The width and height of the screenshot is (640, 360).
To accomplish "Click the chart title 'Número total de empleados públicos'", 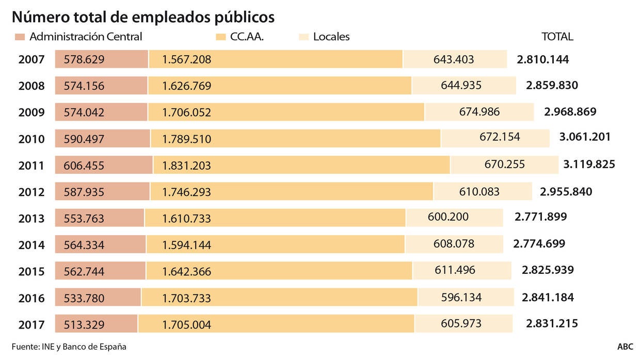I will [x=143, y=17].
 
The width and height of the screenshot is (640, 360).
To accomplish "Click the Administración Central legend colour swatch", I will [x=20, y=37].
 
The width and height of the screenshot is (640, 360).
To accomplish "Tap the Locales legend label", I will [x=331, y=37].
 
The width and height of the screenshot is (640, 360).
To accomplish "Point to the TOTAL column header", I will [x=557, y=37].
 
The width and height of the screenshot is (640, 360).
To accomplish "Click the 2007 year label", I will [x=31, y=60].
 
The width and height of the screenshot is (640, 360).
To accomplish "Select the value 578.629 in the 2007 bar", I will [x=84, y=60].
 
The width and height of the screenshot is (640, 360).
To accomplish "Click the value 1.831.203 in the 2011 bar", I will [x=186, y=166].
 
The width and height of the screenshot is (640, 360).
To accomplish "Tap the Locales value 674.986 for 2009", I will [x=479, y=111].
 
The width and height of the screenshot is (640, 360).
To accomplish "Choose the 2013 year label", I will [x=31, y=219].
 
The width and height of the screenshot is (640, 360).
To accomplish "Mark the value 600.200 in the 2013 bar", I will [x=448, y=217].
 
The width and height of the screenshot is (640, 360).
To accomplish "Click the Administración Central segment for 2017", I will [x=96, y=324].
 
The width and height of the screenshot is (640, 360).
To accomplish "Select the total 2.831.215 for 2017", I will [x=552, y=323].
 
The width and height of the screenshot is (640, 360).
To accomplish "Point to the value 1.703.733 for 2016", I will [x=186, y=298].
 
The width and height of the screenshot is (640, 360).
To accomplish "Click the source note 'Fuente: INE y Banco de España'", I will [x=69, y=347].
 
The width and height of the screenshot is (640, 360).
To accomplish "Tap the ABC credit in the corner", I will [x=625, y=347].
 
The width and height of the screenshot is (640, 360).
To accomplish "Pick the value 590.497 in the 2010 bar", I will [x=84, y=139].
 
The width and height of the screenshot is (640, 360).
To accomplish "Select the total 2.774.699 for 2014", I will [x=539, y=243].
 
